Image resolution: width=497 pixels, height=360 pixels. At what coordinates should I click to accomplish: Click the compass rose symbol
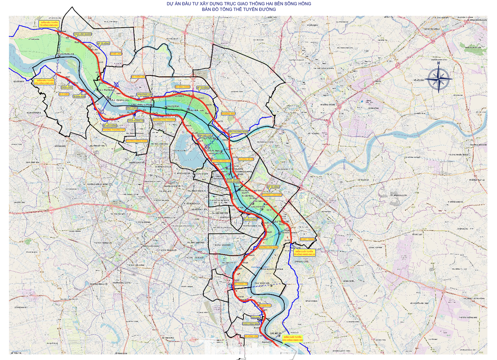pos(438,78)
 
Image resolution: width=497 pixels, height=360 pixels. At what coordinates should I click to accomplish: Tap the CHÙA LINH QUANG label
pos(83,34)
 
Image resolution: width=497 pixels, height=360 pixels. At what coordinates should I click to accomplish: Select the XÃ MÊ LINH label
pos(115,54)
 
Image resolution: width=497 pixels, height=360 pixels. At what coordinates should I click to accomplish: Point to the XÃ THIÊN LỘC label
pos(138,77)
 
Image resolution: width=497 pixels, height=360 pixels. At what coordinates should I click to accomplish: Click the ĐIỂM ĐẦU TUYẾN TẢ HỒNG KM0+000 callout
pos(49,24)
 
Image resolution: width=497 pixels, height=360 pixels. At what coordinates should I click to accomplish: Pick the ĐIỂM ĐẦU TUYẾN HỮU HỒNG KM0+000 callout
pos(45,82)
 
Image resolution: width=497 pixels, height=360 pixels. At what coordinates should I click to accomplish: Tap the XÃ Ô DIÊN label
pos(64,94)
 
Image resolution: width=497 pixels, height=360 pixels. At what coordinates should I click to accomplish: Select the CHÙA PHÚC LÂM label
pos(144,94)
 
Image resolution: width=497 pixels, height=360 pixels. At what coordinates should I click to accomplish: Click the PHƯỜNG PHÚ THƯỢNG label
pos(164,120)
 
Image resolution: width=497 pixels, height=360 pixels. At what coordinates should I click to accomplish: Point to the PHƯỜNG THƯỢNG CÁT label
pos(113,130)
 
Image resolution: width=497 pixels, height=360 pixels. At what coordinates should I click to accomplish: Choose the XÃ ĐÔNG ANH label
pos(228,113)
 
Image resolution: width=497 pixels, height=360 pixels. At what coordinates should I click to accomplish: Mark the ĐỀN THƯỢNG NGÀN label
pos(238,132)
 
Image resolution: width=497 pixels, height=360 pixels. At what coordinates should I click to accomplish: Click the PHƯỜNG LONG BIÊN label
pos(272,195)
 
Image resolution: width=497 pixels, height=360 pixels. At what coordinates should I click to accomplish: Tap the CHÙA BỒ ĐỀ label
pos(233,181)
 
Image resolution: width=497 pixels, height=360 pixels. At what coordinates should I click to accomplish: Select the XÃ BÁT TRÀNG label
pos(307,239)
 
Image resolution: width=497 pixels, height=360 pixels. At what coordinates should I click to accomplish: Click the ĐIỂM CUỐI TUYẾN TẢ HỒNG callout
pos(304,253)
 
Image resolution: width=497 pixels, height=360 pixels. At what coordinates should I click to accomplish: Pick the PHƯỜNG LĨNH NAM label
pos(268,247)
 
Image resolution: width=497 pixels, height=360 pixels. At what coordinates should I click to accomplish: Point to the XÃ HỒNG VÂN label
pos(251,336)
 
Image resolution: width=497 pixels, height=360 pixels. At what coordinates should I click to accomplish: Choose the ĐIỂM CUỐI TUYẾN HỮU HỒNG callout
pos(292,338)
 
